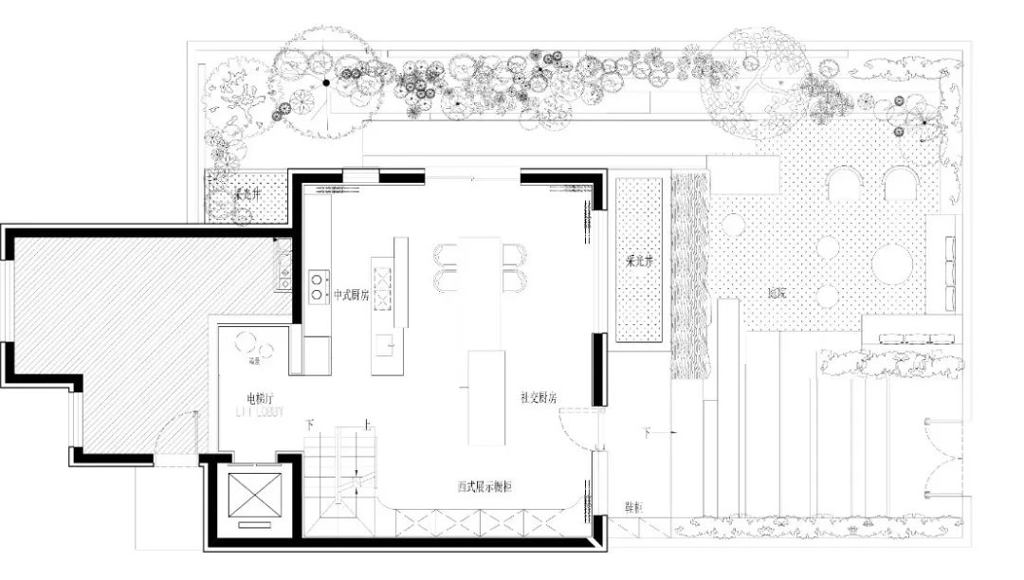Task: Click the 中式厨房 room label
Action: [x=351, y=296]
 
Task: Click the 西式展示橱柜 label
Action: [x=485, y=486]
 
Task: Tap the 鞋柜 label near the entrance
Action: [x=632, y=509]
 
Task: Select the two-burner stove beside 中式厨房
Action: [x=319, y=287]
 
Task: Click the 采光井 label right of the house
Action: [x=639, y=261]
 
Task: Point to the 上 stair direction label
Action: [x=366, y=426]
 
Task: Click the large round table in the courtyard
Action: [x=891, y=263]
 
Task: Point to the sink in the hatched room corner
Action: [x=283, y=263]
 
